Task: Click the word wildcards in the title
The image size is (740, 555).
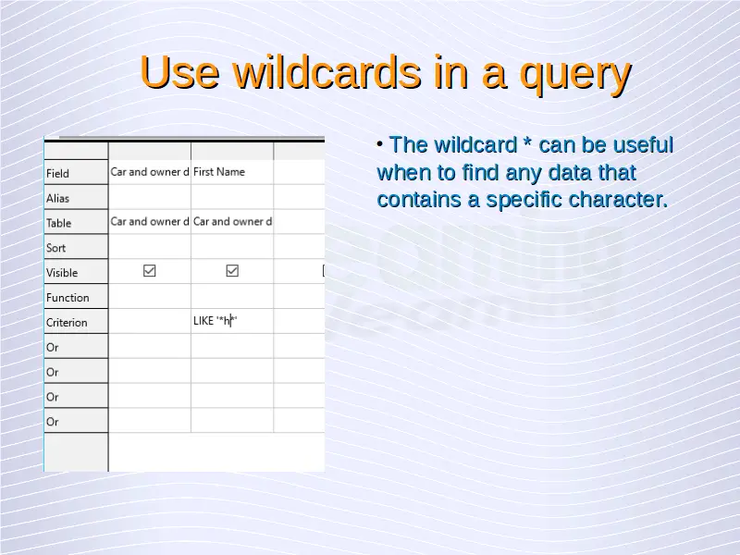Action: tap(327, 72)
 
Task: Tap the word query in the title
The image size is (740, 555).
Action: tap(575, 77)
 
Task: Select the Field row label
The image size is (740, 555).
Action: tap(57, 174)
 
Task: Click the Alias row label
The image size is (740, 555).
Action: tap(57, 198)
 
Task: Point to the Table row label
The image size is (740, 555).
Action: tap(58, 223)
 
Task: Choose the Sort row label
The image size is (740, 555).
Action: tap(55, 248)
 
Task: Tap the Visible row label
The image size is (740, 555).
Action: tap(62, 273)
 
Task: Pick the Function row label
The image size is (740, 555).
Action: tap(68, 298)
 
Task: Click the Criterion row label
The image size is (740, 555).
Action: tap(67, 323)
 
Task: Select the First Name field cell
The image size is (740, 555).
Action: tap(219, 172)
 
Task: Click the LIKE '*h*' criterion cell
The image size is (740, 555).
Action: tap(216, 321)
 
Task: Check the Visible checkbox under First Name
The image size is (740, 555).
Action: tap(232, 270)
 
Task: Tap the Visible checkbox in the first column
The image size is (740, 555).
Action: tap(150, 270)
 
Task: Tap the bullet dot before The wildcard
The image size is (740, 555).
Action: tap(380, 144)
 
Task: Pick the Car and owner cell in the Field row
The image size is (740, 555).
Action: tap(150, 172)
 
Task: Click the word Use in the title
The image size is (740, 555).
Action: tap(179, 72)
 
